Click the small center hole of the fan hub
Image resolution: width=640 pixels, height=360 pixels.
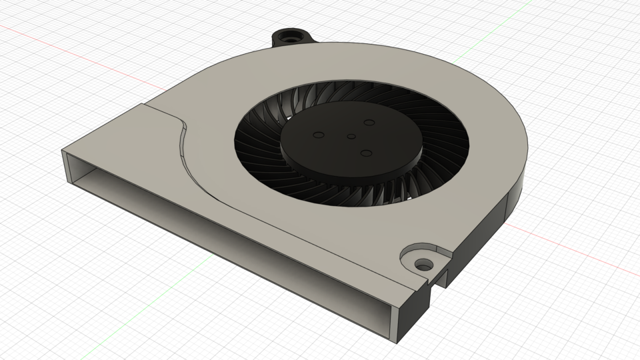pyautogui.click(x=351, y=136)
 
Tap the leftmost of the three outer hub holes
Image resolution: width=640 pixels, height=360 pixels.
pyautogui.click(x=318, y=135)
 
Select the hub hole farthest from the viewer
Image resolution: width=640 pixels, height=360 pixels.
pyautogui.click(x=369, y=123)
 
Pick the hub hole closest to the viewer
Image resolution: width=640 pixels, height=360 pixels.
pyautogui.click(x=365, y=154)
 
